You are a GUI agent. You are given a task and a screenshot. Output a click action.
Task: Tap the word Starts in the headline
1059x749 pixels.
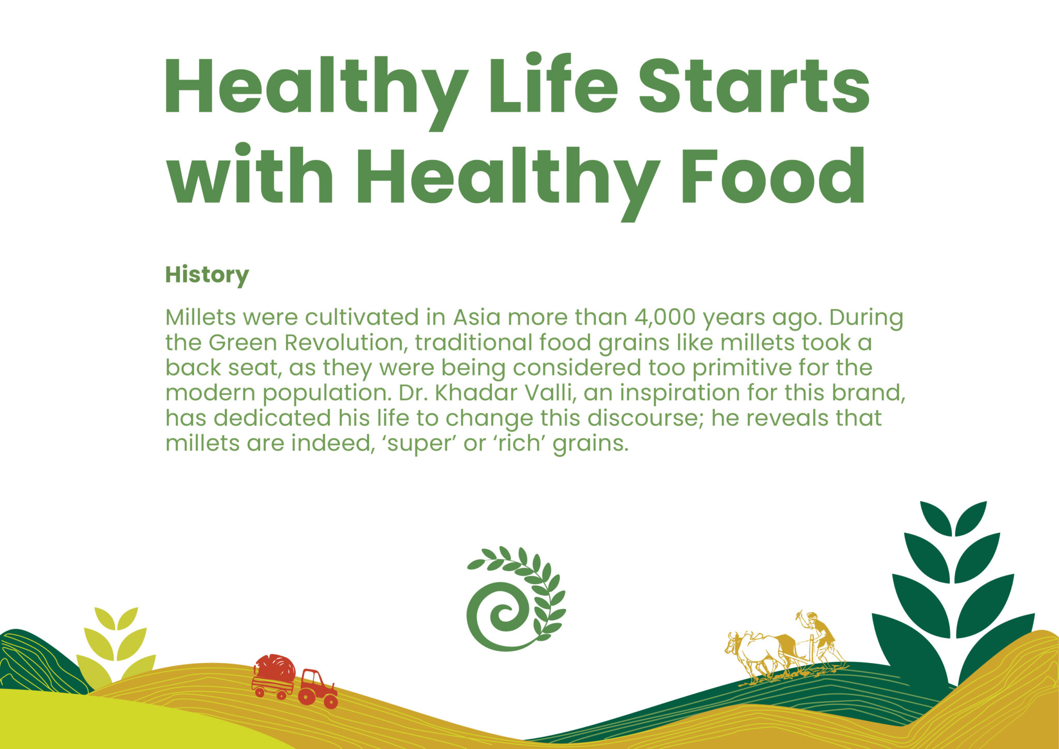point(754,85)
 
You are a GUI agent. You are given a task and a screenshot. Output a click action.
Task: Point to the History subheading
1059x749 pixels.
point(207,275)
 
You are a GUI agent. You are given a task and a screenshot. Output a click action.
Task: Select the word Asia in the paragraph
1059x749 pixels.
point(477,317)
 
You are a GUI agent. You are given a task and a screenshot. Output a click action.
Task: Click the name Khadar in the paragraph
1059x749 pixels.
point(476,393)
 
